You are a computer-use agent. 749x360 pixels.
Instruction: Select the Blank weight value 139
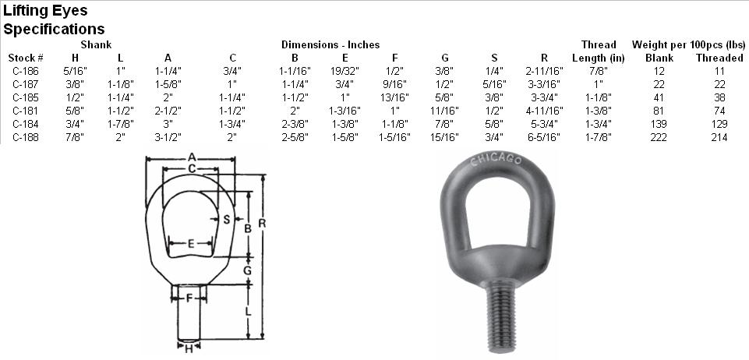(x=659, y=124)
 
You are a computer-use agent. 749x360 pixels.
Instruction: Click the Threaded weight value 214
(x=719, y=137)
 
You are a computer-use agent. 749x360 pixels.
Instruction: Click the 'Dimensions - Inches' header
(x=330, y=44)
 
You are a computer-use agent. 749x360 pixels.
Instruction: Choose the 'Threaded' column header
(x=719, y=58)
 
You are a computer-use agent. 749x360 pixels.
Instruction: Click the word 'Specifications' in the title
(x=55, y=30)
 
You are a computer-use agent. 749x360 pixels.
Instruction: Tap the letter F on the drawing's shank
(x=189, y=297)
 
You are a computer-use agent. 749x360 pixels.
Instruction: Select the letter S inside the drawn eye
(x=226, y=220)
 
